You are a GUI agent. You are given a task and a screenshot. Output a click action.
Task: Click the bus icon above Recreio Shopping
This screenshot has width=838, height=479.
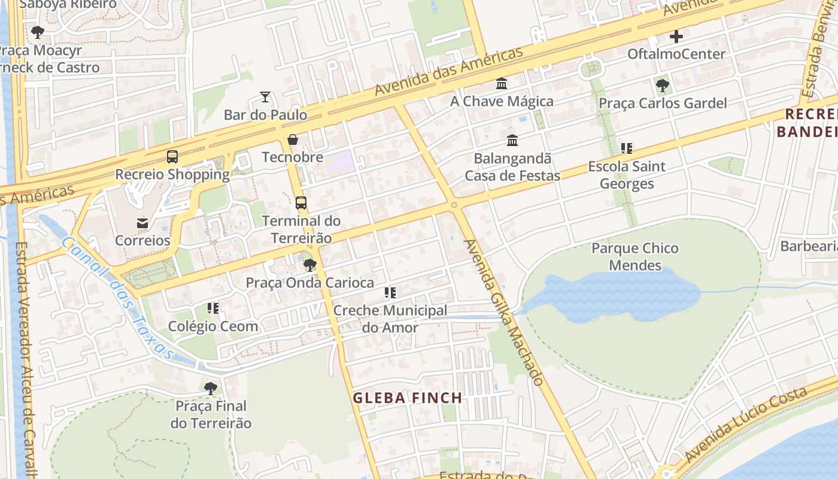coord(172,157)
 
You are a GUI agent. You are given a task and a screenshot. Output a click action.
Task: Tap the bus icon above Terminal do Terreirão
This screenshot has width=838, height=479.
coord(301,203)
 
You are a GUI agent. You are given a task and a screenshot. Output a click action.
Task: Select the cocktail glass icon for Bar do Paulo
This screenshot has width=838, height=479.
coord(265,96)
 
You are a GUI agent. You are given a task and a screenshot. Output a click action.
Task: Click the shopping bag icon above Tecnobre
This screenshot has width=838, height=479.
coord(293,140)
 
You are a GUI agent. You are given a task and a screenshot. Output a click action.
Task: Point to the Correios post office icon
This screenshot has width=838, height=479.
coord(142,223)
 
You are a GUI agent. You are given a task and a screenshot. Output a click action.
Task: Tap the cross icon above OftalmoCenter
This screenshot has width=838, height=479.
coord(676,37)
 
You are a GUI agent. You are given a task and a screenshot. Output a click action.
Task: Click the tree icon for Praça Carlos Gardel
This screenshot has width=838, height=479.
coord(662,86)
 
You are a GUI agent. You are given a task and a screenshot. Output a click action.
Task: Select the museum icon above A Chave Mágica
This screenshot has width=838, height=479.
coord(502,84)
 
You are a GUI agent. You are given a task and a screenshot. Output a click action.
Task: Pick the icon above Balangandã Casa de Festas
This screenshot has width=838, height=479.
coord(512,141)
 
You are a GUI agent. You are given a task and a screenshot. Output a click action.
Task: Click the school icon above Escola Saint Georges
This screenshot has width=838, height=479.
coord(626,148)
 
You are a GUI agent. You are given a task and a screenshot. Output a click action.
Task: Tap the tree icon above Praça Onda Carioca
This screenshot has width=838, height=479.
coord(309,265)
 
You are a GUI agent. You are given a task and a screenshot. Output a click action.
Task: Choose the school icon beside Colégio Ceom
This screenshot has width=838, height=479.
coord(213,308)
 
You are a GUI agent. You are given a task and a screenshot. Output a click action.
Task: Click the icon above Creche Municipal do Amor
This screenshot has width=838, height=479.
coord(390,293)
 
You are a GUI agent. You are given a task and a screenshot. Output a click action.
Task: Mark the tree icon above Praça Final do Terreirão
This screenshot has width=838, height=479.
coord(210,389)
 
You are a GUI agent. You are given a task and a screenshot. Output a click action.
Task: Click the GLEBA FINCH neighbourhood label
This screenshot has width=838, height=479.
coord(407,398)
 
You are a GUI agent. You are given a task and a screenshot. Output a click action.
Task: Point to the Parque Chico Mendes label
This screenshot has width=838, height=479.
coord(635,256)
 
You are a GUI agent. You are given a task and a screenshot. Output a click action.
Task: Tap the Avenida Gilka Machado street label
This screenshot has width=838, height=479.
coord(505,313)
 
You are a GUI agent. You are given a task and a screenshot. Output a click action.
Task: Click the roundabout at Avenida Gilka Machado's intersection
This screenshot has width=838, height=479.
coord(454,205)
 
